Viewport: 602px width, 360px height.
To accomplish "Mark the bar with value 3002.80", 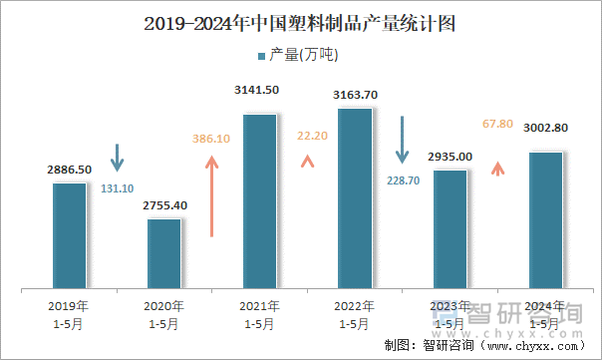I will tap(545, 220).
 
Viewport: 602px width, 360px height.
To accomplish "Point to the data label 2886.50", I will tap(69, 171).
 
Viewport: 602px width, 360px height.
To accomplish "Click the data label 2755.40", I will tap(164, 205).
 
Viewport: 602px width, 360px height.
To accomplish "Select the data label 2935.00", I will tap(450, 157).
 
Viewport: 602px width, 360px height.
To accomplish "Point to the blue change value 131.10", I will tap(117, 187).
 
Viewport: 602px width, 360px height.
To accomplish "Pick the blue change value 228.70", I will tap(403, 180).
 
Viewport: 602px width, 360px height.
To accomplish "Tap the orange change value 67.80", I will tap(496, 124).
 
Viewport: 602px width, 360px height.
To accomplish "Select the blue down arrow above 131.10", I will tap(117, 157).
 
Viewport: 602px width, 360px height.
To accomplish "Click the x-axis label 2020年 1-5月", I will tap(164, 315).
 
